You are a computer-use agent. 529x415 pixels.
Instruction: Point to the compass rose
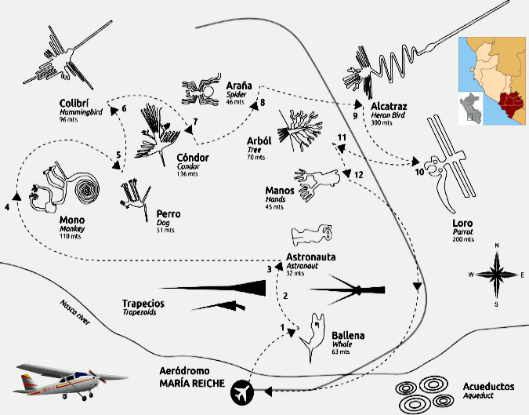496,274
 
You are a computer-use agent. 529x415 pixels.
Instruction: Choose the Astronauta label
311,257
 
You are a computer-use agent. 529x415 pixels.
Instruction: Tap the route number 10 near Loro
419,171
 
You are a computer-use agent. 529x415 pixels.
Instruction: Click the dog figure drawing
136,196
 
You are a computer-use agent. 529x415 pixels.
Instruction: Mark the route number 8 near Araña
263,103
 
